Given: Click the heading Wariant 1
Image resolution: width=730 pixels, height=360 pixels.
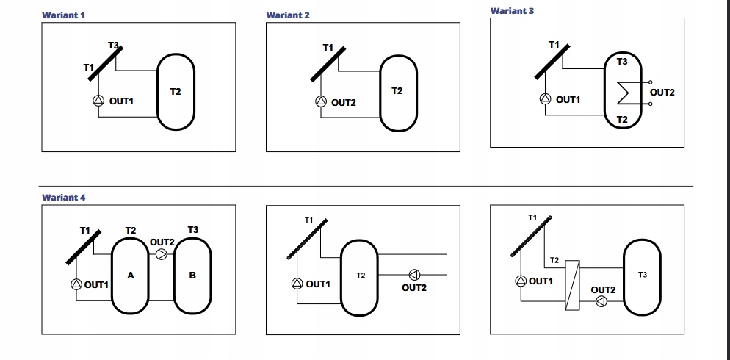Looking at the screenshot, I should click(64, 15).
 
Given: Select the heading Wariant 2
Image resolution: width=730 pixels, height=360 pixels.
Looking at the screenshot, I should click(288, 15).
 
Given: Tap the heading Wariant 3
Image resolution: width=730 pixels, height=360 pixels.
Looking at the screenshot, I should click(512, 11).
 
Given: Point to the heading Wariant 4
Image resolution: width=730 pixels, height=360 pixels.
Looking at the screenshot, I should click(64, 197).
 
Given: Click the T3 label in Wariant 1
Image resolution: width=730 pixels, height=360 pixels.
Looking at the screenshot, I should click(113, 46).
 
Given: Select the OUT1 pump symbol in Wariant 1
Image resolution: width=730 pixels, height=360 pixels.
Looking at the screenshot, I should click(98, 101).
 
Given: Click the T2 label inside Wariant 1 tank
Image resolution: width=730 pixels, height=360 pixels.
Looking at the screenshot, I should click(176, 92).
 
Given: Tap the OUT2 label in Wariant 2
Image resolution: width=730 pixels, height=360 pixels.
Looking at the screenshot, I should click(343, 103).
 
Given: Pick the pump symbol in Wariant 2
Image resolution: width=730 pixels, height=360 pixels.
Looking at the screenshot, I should click(320, 102).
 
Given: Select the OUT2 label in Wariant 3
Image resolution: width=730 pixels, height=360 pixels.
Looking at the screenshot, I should click(662, 92).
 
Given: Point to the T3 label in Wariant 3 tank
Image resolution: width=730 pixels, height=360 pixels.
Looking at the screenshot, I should click(622, 62).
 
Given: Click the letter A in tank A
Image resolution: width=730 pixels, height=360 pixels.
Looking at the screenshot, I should click(130, 276).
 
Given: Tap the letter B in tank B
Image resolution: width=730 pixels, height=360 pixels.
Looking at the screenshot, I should click(192, 276).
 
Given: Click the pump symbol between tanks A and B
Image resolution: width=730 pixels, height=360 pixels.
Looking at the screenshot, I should click(162, 254).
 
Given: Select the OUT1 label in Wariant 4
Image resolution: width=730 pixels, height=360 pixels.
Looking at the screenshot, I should click(96, 285).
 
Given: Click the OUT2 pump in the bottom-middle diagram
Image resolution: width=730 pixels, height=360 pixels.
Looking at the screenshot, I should click(414, 275).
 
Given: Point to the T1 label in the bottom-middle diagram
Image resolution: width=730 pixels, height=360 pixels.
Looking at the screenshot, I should click(308, 220).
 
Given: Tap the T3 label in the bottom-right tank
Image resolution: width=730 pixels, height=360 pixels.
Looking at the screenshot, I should click(643, 274).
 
